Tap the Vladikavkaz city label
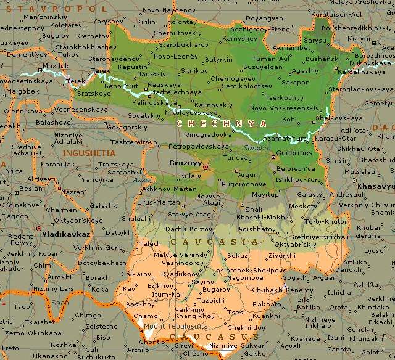pos(62,234)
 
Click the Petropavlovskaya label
pos(195,147)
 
